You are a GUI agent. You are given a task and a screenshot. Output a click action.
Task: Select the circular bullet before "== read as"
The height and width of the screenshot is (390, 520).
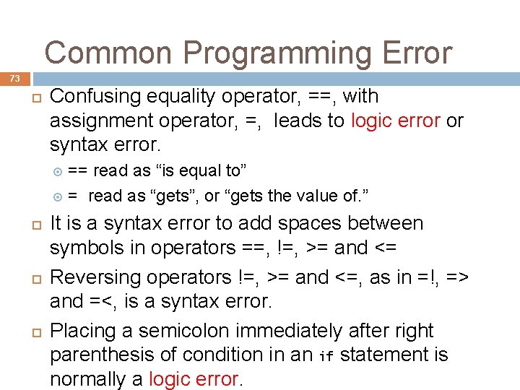(58, 171)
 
